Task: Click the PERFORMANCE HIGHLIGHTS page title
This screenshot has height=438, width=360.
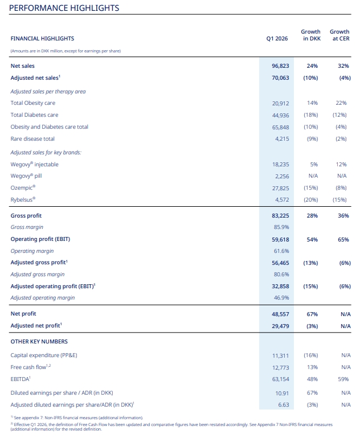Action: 64,8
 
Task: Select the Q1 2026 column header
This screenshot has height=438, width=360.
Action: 277,39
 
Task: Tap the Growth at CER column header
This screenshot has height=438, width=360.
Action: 339,35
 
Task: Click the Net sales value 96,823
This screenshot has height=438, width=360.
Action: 280,66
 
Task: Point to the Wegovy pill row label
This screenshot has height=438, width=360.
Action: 26,176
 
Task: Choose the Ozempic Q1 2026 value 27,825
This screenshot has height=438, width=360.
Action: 280,189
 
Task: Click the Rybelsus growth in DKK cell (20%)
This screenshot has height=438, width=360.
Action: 310,200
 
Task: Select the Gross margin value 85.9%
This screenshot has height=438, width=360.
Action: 281,227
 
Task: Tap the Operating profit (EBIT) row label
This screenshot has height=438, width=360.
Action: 40,239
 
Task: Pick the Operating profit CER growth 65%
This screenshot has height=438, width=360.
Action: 343,240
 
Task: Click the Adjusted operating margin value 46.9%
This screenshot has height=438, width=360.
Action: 281,298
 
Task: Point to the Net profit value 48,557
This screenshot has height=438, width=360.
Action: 280,314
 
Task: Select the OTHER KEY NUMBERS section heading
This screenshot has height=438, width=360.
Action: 39,342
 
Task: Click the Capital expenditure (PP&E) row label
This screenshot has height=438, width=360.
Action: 44,355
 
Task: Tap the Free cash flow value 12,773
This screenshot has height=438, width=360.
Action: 280,367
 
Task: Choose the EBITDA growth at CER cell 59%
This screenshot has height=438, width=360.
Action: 343,379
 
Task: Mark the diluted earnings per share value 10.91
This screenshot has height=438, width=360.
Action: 282,394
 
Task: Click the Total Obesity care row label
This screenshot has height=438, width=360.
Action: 33,103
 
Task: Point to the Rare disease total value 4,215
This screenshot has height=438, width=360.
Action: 282,139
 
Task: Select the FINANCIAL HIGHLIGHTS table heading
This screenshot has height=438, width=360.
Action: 43,39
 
